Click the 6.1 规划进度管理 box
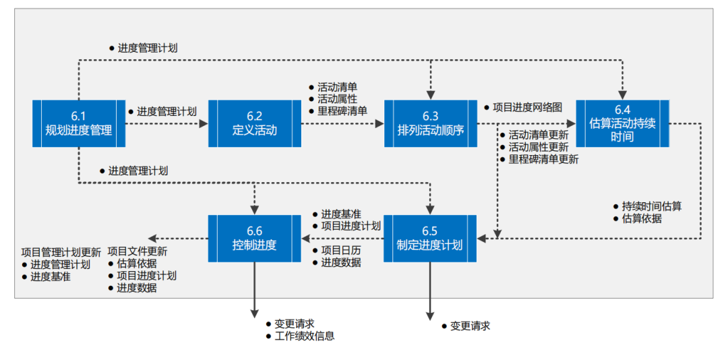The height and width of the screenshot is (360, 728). tap(79, 123)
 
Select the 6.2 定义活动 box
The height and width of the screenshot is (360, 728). tap(254, 123)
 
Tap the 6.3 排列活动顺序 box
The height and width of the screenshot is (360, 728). tap(431, 123)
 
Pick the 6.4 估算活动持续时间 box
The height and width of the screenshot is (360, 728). tap(622, 123)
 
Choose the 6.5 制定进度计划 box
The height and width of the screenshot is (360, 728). tap(431, 238)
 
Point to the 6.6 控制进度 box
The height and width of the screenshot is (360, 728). tap(254, 238)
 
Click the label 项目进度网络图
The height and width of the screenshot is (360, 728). tap(526, 107)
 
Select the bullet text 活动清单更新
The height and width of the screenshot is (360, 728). tap(538, 135)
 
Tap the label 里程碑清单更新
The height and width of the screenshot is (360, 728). tap(543, 159)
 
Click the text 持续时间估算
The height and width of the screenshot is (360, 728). tap(651, 206)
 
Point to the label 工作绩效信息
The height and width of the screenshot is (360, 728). tap(305, 335)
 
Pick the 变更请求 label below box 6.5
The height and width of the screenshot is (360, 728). tap(470, 326)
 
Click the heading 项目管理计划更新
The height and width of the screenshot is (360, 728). tap(61, 251)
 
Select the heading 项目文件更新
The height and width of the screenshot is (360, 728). tap(137, 251)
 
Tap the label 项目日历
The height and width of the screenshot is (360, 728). tap(340, 250)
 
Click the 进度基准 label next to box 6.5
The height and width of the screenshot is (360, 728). tap(340, 213)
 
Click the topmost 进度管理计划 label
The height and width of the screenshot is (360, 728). tap(147, 48)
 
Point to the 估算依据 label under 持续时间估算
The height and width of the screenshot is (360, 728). tap(641, 218)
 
